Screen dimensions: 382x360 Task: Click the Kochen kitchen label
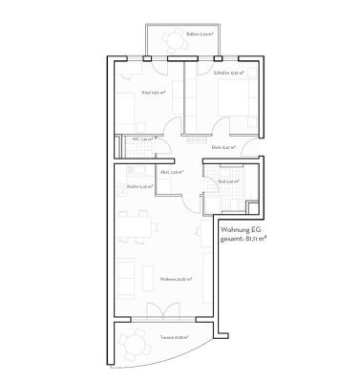pyautogui.click(x=135, y=187)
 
